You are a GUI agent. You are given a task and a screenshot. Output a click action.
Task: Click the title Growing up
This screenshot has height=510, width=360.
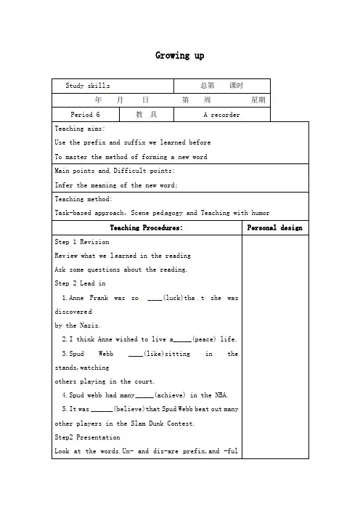180,56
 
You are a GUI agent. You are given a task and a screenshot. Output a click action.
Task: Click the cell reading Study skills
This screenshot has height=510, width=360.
88,86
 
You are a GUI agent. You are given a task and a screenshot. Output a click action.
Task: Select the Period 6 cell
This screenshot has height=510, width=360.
86,115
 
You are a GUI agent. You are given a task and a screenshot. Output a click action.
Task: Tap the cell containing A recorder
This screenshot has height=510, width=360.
222,115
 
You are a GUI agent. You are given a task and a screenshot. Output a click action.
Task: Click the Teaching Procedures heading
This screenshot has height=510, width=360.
146,227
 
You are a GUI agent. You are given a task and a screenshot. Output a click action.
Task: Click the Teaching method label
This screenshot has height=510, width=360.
83,198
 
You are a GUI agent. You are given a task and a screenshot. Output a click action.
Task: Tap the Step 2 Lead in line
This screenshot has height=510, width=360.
81,283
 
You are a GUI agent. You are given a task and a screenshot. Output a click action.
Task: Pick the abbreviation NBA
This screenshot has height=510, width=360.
220,394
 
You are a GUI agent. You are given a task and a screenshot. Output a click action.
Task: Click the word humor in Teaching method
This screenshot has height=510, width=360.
258,213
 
